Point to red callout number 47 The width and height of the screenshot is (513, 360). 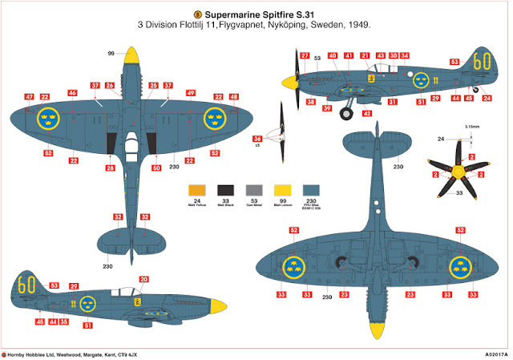(29, 97)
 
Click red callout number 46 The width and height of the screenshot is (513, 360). (72, 94)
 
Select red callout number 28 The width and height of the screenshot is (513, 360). (111, 168)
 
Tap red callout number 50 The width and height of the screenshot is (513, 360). (156, 168)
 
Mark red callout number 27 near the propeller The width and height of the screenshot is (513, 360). (305, 55)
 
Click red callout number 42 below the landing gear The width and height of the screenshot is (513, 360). (367, 114)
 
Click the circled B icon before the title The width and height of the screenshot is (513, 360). (198, 14)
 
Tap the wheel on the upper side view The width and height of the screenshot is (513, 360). (345, 113)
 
